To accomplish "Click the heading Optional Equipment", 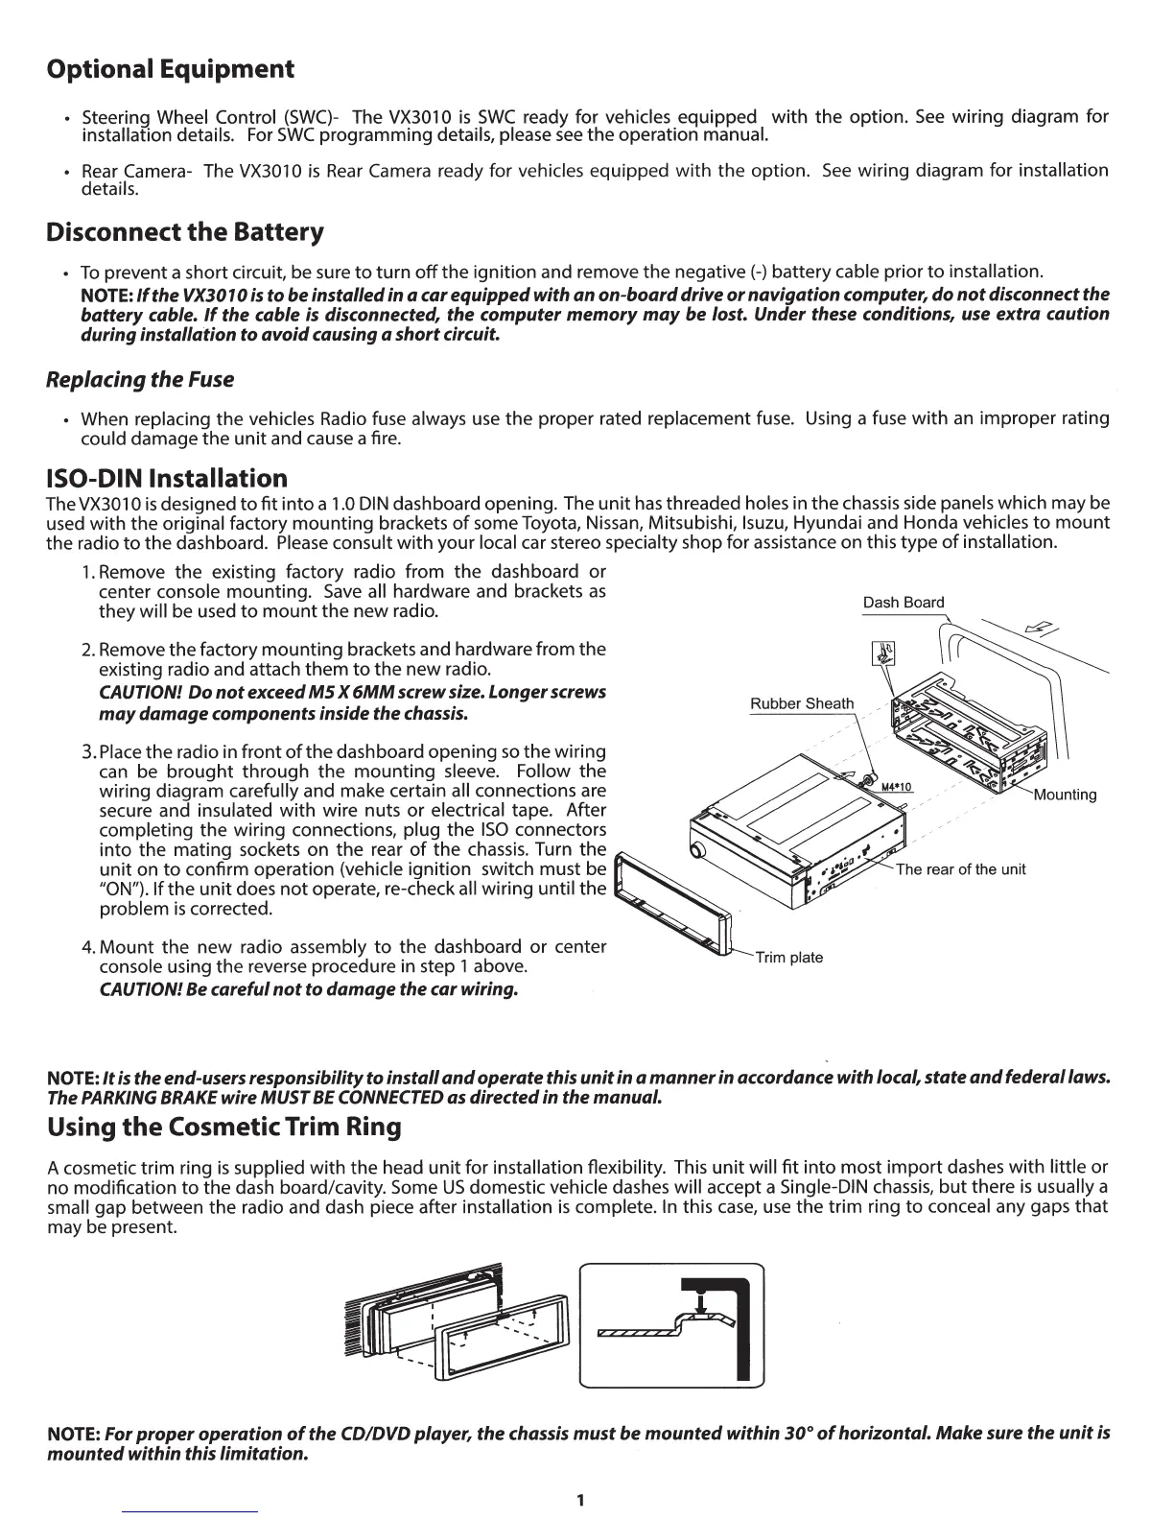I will coord(170,70).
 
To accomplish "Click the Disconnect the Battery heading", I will coord(185,233).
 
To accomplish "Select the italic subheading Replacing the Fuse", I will coord(140,380).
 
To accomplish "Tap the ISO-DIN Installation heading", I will coord(167,478).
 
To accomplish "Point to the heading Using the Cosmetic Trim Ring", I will coord(223,1128).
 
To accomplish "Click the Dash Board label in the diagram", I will coord(904,603).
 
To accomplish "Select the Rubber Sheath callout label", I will coord(801,703).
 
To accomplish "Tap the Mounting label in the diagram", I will coord(1065,795).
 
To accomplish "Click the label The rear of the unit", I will coord(960,869).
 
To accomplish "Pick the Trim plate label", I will coord(788,958).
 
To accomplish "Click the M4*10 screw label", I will coord(895,787).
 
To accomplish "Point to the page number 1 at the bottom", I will coord(580,1500).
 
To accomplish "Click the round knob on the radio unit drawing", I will coord(697,850).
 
